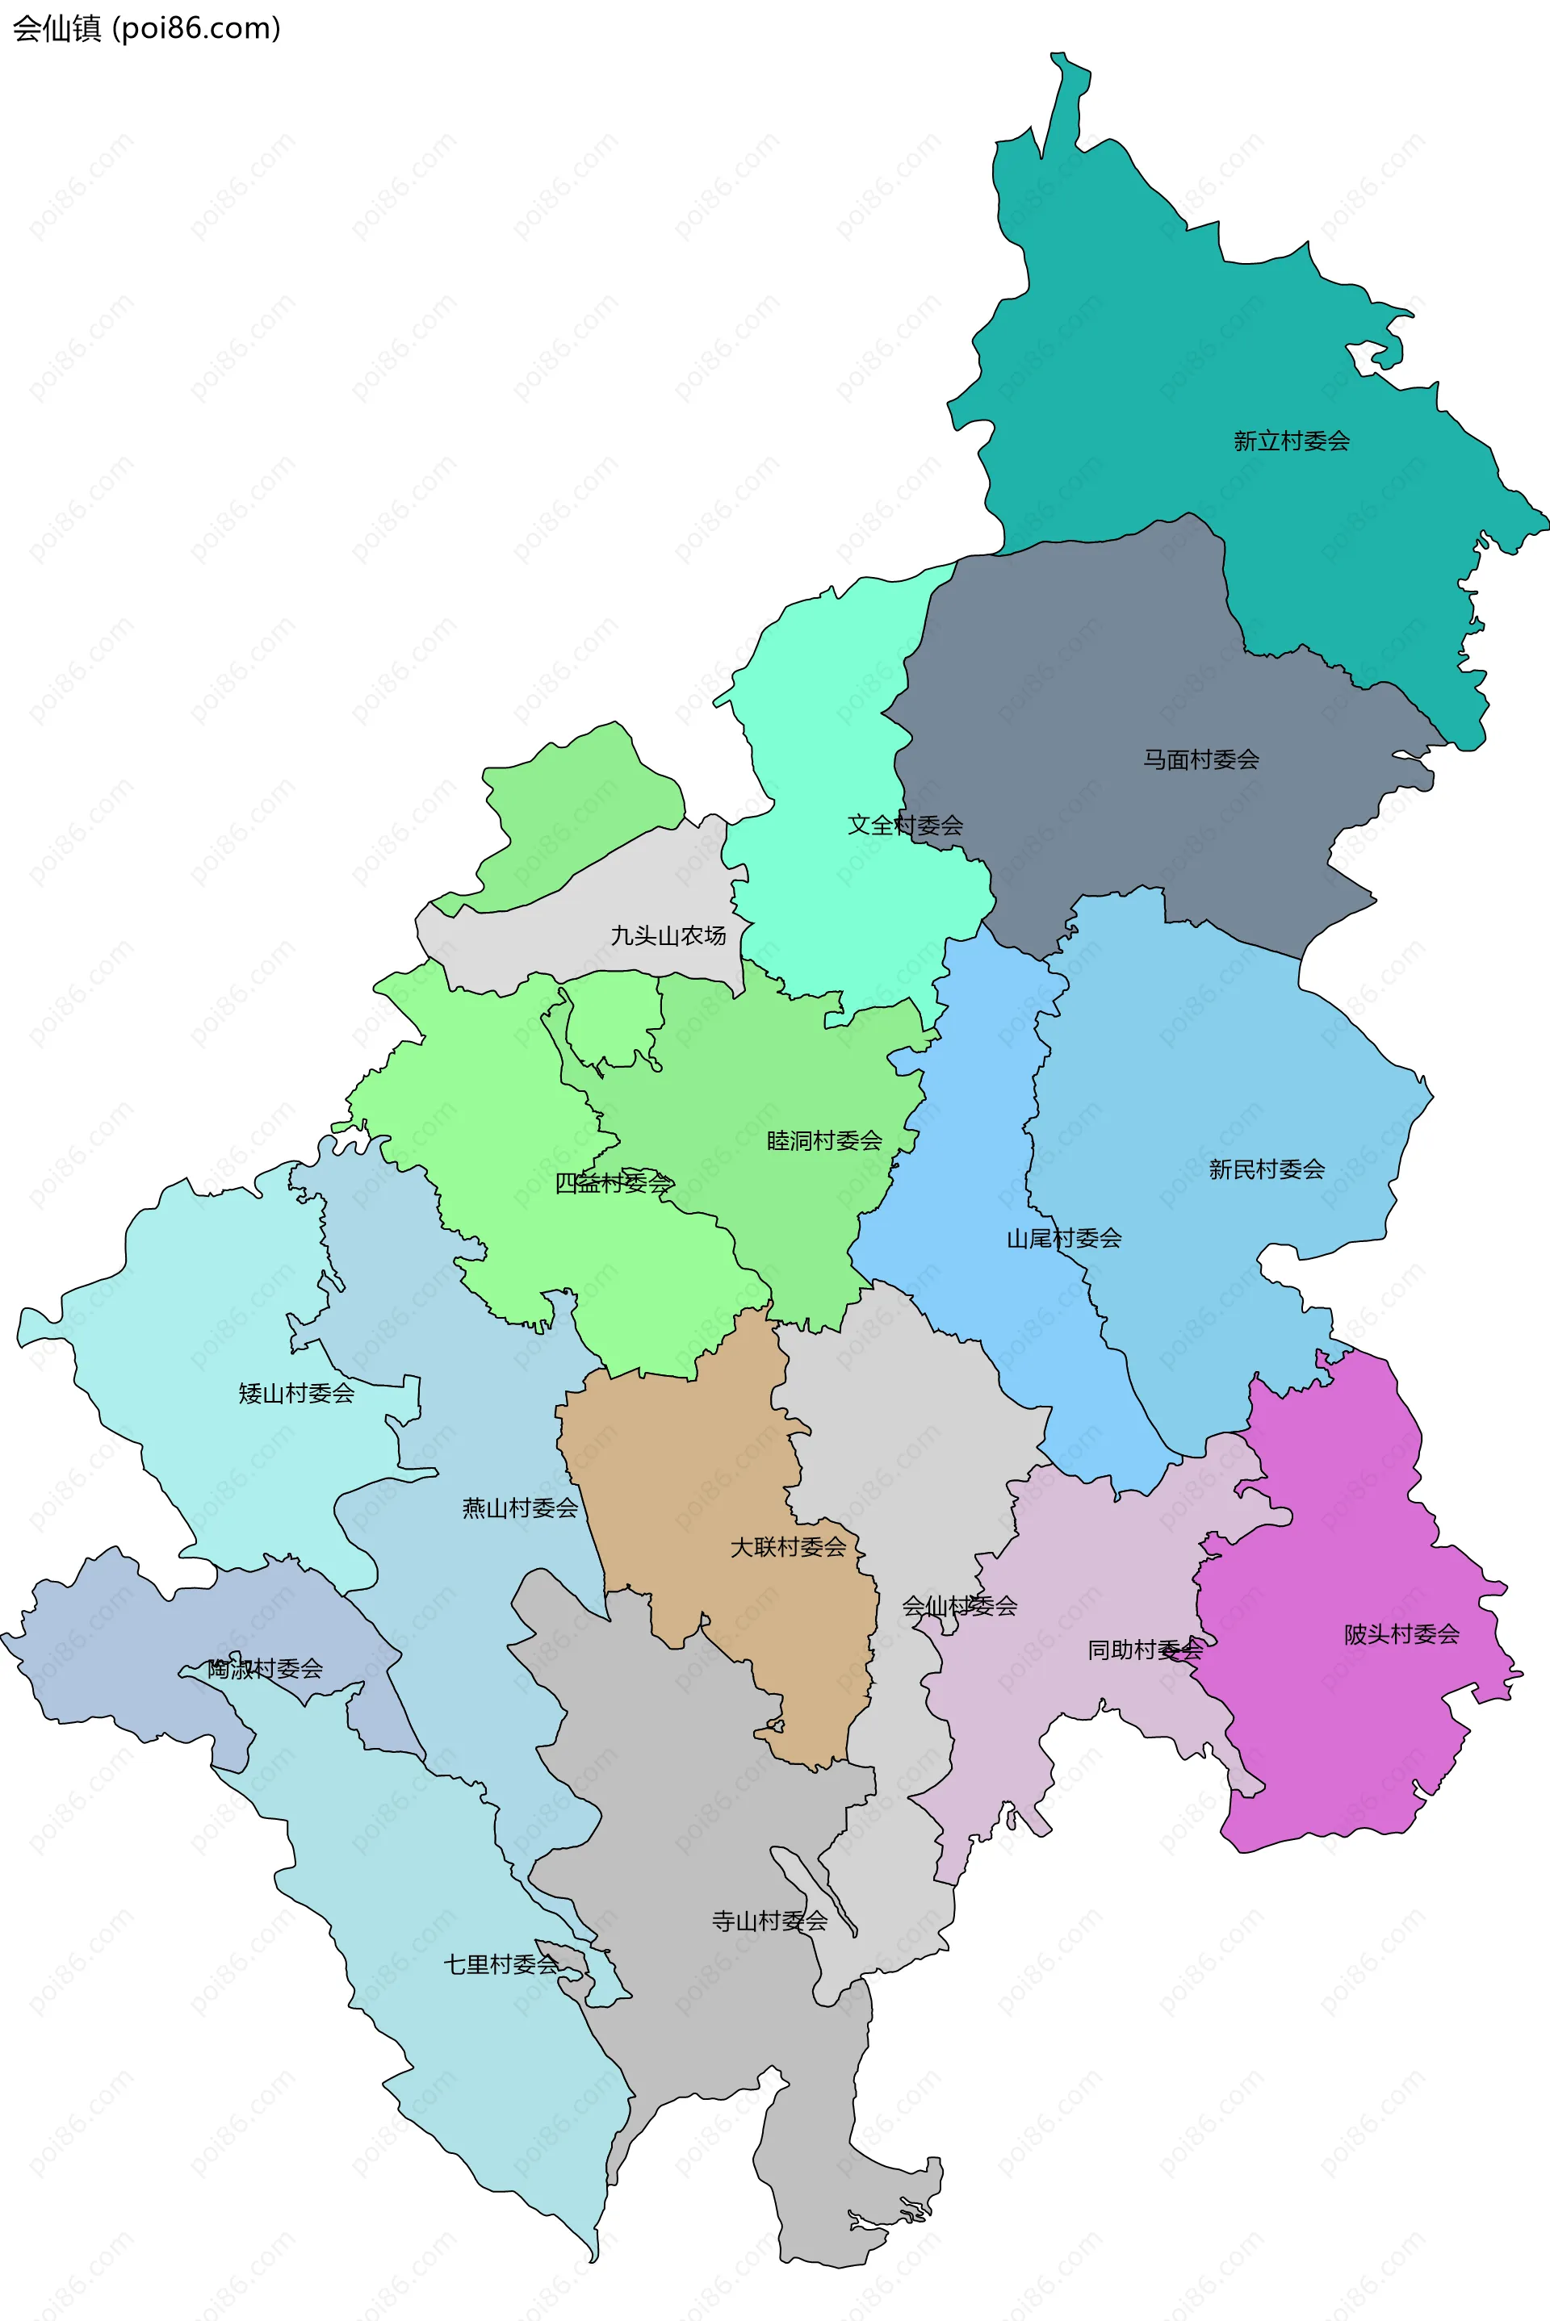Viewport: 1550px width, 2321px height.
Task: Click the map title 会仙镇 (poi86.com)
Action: pos(146,27)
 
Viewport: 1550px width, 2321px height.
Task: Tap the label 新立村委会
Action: pos(1291,441)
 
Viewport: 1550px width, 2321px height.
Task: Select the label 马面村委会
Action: pos(1201,759)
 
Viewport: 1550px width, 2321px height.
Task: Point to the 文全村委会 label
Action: pos(904,824)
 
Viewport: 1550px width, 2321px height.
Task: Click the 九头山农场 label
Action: pos(668,935)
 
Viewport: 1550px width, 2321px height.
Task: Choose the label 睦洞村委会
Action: pos(824,1140)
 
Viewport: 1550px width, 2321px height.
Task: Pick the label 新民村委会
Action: pos(1267,1169)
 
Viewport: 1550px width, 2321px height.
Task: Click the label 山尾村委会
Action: pos(1064,1238)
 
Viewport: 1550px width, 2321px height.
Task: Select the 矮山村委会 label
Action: pos(296,1393)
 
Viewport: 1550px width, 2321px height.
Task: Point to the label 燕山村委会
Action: pos(520,1508)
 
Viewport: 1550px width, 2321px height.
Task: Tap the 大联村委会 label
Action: pos(788,1546)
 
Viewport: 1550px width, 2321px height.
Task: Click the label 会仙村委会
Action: pos(959,1606)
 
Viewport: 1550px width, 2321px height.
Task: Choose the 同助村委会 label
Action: pos(1145,1649)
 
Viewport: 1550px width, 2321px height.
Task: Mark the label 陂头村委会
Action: pos(1401,1634)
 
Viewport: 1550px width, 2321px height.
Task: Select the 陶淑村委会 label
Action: pos(265,1669)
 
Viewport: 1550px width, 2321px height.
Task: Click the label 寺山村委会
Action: pos(769,1921)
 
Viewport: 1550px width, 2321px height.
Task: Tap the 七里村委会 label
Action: pos(501,1964)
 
